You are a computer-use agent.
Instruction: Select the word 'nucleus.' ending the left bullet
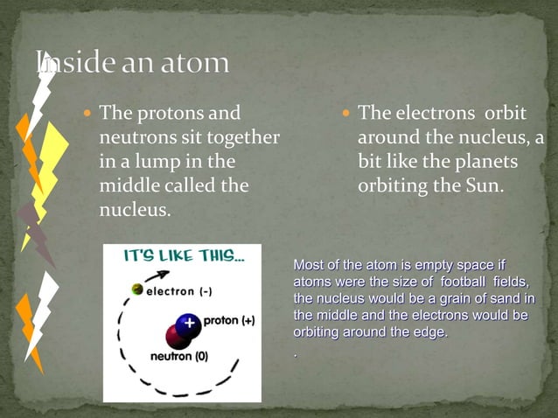(x=135, y=211)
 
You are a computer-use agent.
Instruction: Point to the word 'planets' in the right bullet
(x=486, y=162)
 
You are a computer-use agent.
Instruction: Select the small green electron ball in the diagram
(x=136, y=289)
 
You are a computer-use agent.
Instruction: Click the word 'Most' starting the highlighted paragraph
(x=308, y=264)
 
